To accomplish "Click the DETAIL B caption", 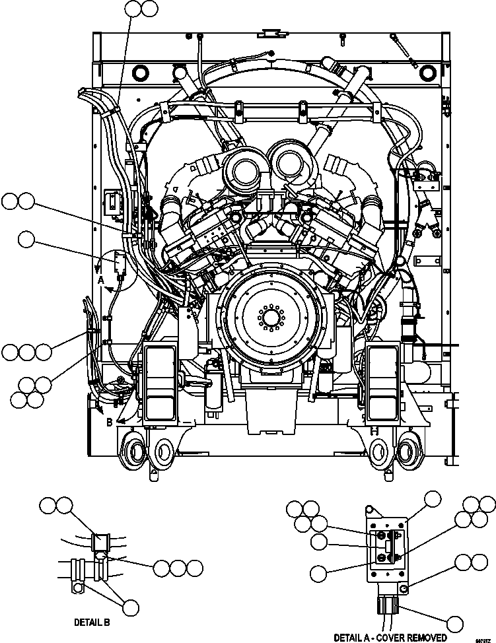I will [92, 622].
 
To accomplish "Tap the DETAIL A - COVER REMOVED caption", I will [390, 637].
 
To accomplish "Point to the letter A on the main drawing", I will [101, 280].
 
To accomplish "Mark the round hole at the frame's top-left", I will [142, 71].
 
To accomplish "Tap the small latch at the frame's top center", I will [269, 31].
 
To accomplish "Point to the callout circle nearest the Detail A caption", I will [454, 623].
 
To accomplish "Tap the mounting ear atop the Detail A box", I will [372, 512].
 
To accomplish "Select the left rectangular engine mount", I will [159, 383].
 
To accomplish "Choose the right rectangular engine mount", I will [381, 383].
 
